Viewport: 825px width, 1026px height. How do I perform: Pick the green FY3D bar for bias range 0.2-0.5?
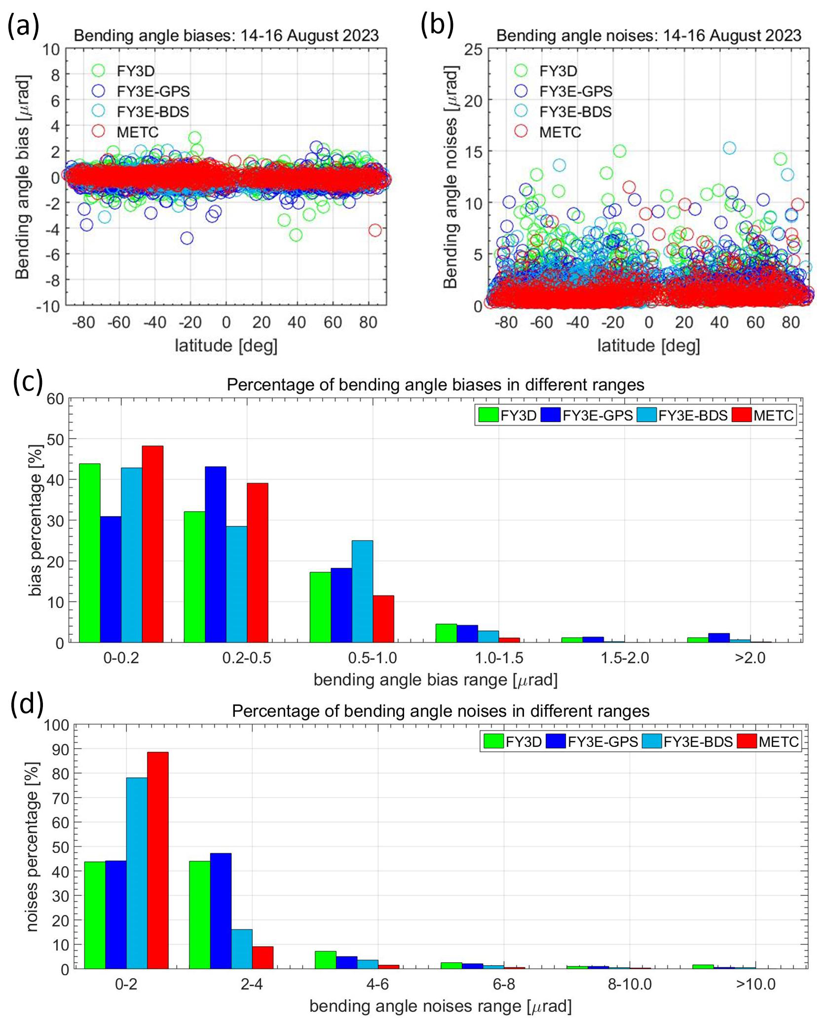click(194, 577)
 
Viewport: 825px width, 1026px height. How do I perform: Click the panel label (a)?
click(23, 26)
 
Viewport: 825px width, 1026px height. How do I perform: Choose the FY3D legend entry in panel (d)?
click(513, 741)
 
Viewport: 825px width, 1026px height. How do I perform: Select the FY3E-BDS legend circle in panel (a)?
click(99, 111)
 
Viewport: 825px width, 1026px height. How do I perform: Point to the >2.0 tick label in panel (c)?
click(750, 658)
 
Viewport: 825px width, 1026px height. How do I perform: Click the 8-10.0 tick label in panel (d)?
click(630, 985)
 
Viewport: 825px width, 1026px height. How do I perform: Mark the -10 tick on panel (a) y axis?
click(47, 306)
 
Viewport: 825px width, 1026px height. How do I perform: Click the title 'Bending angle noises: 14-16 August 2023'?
click(648, 36)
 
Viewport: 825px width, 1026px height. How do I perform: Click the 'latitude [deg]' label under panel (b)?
click(648, 345)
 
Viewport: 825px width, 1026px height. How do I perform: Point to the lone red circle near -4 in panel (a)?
click(375, 230)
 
